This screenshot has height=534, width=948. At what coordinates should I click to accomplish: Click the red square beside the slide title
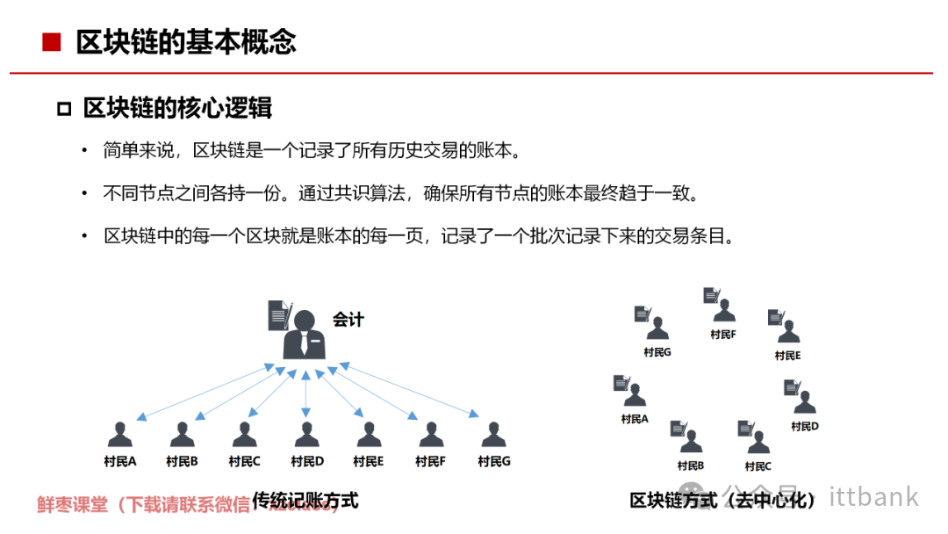(51, 42)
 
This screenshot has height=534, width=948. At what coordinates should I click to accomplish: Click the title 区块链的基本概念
(186, 42)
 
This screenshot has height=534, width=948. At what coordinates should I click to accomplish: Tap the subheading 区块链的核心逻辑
(177, 108)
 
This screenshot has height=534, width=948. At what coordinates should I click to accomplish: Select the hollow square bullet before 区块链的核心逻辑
(63, 109)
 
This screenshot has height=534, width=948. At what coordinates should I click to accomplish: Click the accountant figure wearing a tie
(305, 334)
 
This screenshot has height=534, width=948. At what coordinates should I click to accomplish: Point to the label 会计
(348, 319)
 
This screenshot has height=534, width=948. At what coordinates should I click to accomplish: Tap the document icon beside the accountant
(278, 315)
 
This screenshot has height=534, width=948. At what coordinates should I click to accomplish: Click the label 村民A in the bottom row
(119, 461)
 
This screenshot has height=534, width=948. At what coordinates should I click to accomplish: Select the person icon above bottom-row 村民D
(306, 435)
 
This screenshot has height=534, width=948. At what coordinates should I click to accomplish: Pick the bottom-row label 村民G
(494, 461)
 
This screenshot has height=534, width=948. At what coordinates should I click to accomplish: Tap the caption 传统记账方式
(305, 501)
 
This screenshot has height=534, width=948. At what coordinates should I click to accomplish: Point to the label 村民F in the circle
(723, 335)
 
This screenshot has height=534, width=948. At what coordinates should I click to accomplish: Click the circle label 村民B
(690, 465)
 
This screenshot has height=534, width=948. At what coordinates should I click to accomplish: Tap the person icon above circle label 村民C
(758, 443)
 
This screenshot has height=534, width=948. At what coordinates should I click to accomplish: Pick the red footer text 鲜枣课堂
(72, 505)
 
